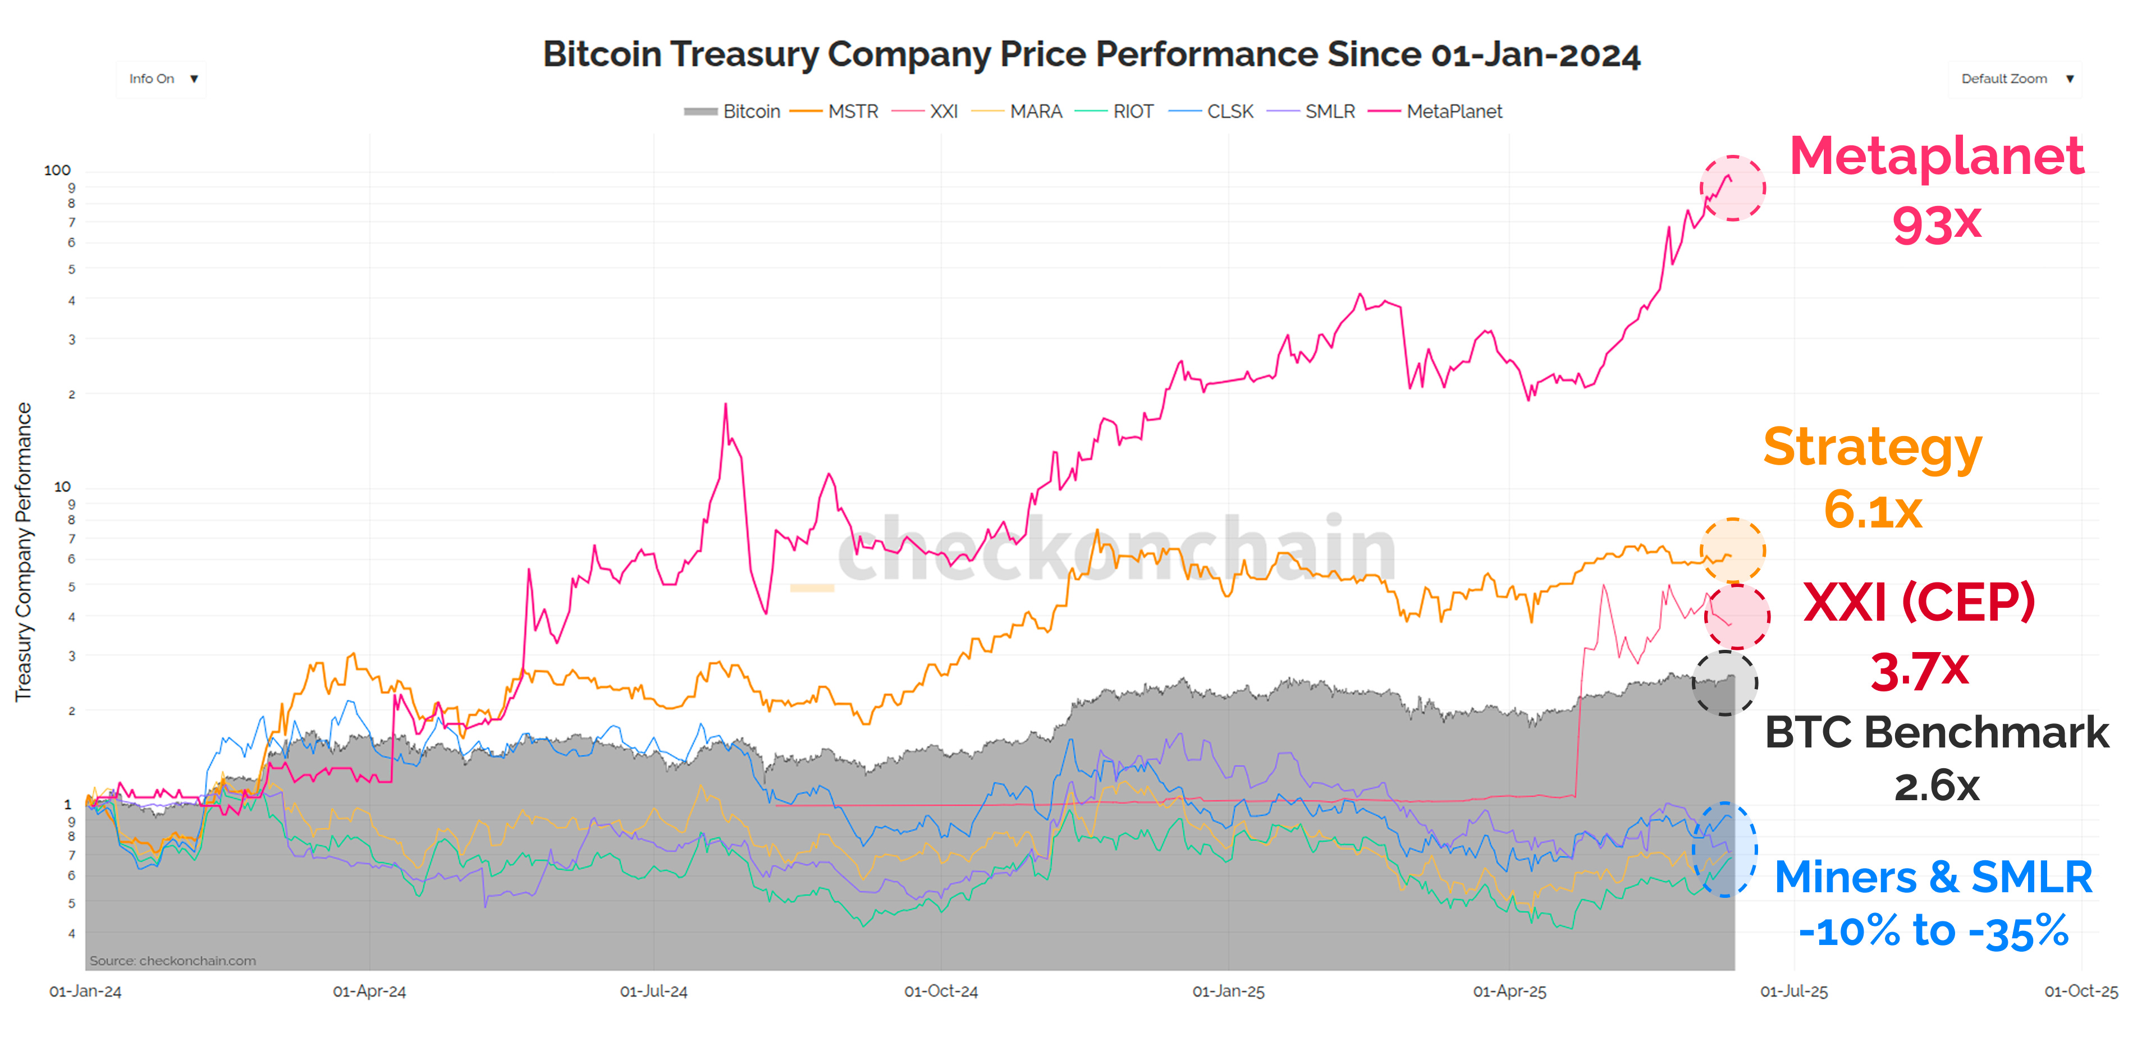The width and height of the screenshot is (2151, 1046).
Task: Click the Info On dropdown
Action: point(161,79)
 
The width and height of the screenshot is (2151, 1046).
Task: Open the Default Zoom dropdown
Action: point(2014,79)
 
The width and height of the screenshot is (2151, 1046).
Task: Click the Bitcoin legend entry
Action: point(733,112)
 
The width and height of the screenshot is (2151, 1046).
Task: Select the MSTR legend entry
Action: point(835,112)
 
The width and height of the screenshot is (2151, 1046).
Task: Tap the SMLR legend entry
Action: point(1312,112)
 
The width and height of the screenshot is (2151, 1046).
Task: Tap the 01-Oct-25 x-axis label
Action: point(2080,992)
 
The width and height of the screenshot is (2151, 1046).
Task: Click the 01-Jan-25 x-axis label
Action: point(1228,992)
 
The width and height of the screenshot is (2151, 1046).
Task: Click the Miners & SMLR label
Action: point(1932,877)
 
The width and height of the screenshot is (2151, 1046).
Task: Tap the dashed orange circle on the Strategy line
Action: point(1733,550)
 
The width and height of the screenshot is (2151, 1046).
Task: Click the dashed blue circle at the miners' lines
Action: point(1724,850)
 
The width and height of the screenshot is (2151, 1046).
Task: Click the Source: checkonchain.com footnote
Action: point(173,961)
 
